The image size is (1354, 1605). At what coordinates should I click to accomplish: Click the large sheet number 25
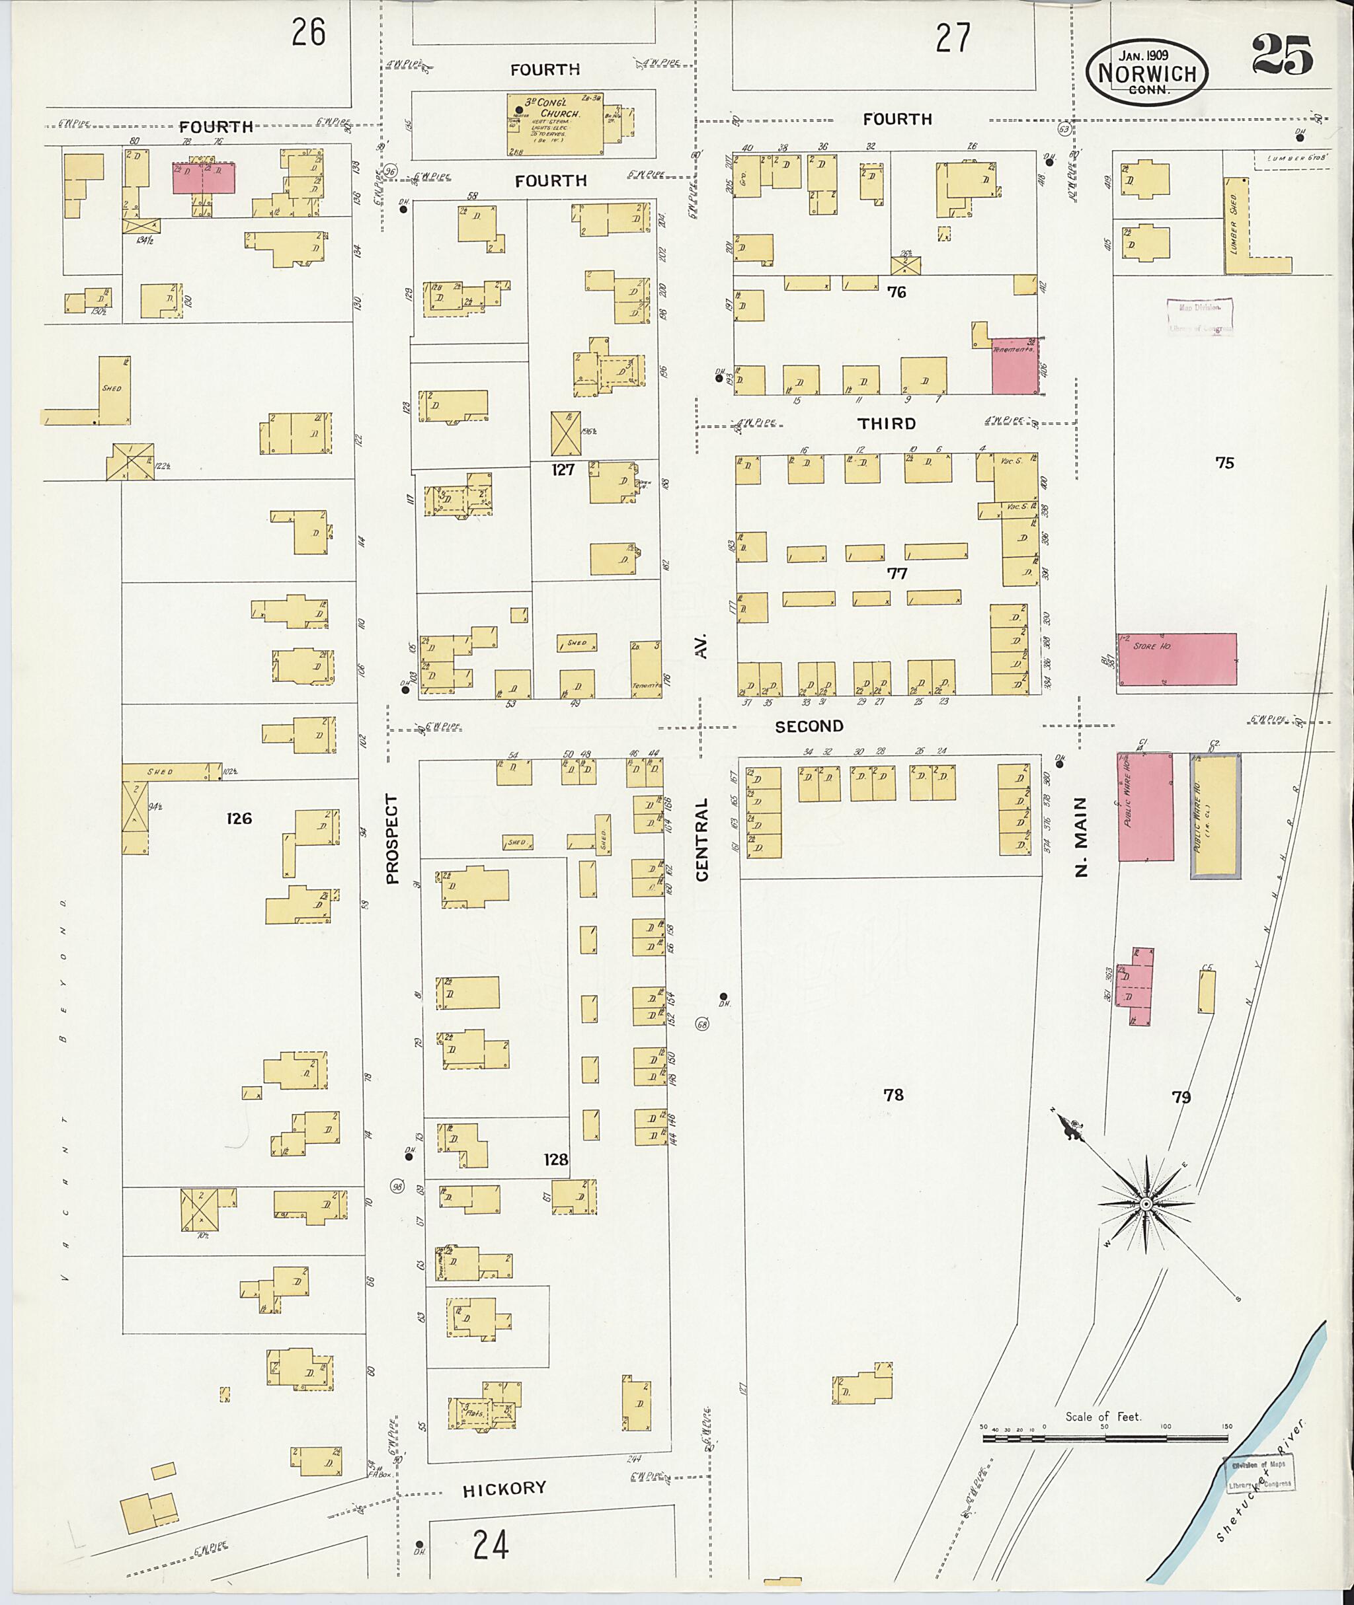(x=1282, y=56)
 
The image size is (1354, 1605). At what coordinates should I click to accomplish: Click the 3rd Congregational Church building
(x=554, y=124)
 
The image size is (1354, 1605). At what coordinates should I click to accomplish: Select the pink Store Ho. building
(x=1176, y=659)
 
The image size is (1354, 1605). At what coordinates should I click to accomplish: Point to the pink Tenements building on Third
(x=1014, y=366)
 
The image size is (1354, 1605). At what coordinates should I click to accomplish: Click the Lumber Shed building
(x=1235, y=227)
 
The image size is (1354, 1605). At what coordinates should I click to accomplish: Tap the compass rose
(x=1145, y=1205)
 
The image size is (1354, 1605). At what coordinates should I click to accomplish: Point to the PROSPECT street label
(x=393, y=839)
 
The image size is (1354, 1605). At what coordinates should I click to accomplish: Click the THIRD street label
(x=887, y=424)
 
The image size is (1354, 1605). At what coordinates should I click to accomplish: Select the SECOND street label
(x=809, y=726)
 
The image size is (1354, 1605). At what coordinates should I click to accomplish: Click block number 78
(x=893, y=1095)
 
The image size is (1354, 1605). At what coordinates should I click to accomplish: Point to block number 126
(x=239, y=819)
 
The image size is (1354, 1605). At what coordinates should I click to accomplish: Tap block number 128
(x=556, y=1159)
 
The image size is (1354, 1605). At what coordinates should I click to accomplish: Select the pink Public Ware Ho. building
(x=1144, y=806)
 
